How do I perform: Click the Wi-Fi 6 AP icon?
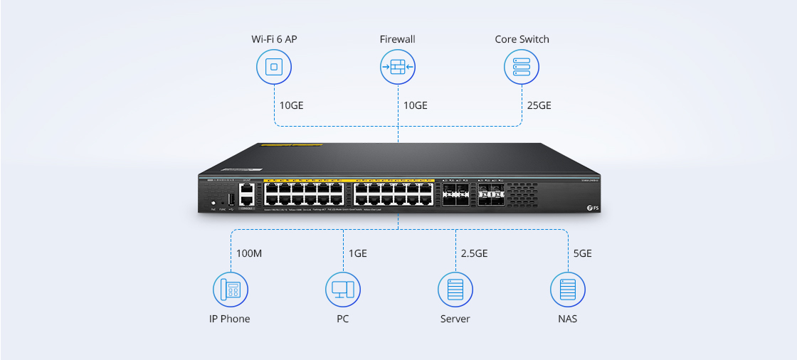click(273, 68)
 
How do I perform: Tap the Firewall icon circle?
click(398, 68)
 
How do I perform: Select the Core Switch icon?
click(522, 68)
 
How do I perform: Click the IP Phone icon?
click(230, 290)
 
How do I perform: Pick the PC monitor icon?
click(343, 290)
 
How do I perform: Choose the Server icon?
click(455, 290)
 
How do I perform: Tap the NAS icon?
click(567, 290)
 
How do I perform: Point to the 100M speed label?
click(248, 253)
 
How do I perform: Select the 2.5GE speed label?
click(474, 253)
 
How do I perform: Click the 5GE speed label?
click(582, 253)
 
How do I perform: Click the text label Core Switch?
click(522, 39)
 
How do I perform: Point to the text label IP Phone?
click(230, 319)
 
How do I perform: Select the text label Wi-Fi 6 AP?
click(273, 39)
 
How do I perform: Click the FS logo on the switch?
click(589, 208)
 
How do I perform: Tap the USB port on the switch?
click(231, 198)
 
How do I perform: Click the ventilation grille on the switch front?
click(522, 194)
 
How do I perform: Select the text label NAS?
click(567, 319)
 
